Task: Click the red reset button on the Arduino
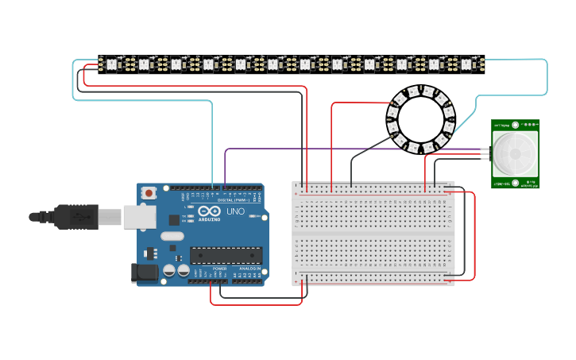[149, 192]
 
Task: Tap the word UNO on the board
[236, 212]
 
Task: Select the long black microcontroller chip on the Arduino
[226, 255]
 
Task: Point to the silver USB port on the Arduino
[140, 217]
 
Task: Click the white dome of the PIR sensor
[514, 154]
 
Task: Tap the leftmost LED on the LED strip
[111, 64]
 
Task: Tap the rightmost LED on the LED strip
[466, 64]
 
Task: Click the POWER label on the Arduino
[219, 269]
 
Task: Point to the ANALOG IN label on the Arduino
[249, 269]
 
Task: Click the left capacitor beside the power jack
[169, 271]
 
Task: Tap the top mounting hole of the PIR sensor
[515, 125]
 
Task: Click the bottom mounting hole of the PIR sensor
[515, 183]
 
